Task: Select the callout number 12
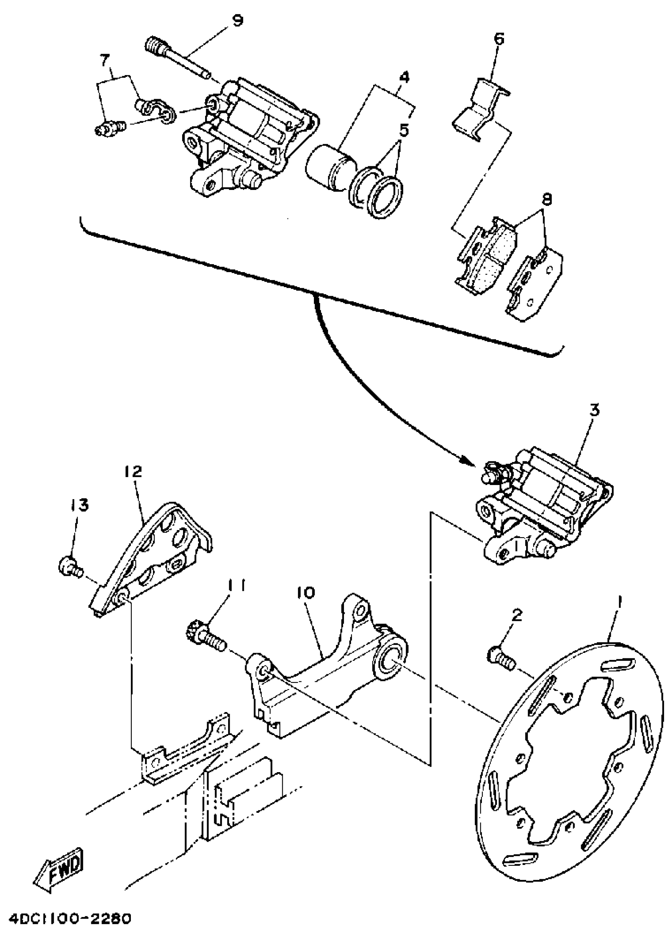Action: (x=132, y=471)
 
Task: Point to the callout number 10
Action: (x=306, y=593)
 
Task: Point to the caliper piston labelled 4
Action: (x=330, y=168)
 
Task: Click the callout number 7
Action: (x=105, y=61)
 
